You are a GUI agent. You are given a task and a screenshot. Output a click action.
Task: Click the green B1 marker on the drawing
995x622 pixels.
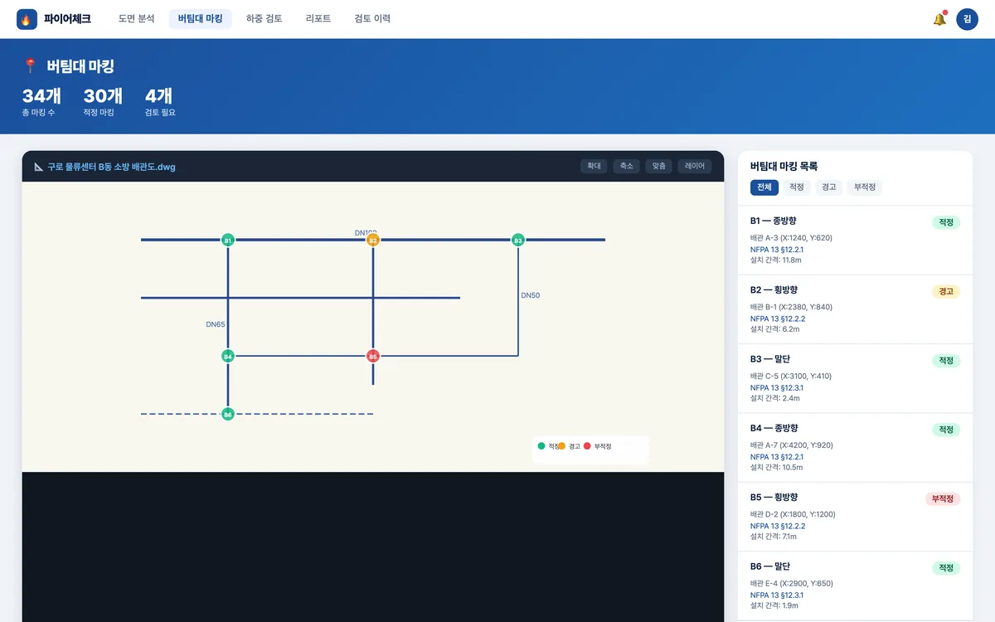228,240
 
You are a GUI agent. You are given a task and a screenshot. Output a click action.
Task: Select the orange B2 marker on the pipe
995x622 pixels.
372,240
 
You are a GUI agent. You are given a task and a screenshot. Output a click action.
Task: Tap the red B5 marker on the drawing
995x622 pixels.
372,356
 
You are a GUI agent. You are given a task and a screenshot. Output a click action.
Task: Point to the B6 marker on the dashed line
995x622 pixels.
228,414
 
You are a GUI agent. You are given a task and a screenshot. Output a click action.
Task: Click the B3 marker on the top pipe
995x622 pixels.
518,240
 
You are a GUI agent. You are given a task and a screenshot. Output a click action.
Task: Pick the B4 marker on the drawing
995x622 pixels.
228,356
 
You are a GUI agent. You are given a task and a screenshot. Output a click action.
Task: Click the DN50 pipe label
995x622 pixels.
531,295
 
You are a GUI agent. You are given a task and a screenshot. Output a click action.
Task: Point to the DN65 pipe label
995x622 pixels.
216,324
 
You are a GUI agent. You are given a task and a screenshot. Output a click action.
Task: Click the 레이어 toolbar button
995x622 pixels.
695,166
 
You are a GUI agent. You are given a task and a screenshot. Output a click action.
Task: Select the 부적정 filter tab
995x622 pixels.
864,187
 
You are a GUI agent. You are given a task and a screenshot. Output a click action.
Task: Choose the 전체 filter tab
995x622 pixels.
764,187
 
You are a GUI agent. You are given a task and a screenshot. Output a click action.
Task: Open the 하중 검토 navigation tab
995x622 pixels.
265,18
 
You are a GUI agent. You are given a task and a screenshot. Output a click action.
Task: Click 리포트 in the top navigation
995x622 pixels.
318,18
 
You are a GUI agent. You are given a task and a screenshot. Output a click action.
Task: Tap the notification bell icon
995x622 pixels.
939,18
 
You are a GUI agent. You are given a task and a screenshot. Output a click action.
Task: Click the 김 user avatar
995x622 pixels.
967,19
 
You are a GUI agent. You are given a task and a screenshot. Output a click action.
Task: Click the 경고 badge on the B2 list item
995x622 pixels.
946,291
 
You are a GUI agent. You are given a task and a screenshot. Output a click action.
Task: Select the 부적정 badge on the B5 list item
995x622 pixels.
943,498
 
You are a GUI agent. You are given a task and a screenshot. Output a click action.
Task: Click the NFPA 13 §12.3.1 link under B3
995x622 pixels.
777,388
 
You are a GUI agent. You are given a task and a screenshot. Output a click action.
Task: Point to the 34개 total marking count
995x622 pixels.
41,96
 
